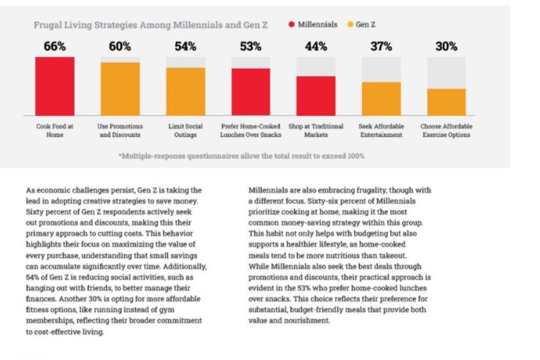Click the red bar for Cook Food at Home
[x=55, y=86]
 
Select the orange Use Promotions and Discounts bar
[x=120, y=89]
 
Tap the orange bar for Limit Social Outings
[x=186, y=92]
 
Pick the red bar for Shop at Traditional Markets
[x=316, y=96]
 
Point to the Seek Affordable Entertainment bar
[x=381, y=99]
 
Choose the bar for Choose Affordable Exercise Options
[x=447, y=102]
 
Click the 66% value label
[x=55, y=46]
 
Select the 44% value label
[x=316, y=46]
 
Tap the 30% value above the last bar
[x=447, y=46]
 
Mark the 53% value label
[x=251, y=46]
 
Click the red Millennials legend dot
[x=292, y=24]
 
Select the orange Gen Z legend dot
[x=350, y=24]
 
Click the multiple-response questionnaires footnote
[x=241, y=156]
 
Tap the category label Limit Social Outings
[x=185, y=131]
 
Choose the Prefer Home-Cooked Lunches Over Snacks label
[x=251, y=131]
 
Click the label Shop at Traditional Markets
[x=316, y=131]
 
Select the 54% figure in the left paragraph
[x=33, y=277]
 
